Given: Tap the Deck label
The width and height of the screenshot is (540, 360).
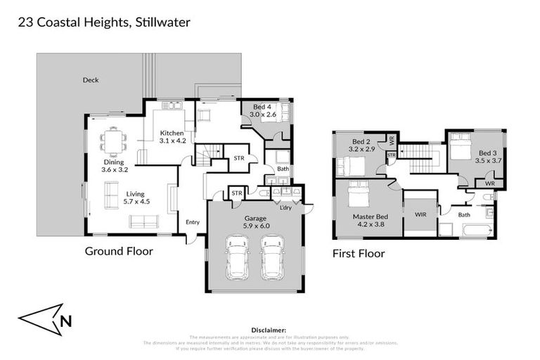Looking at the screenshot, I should [x=90, y=80].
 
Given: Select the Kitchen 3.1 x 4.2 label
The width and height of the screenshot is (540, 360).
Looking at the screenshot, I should [x=172, y=137].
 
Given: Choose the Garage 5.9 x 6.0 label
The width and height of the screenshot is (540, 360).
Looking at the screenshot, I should [x=256, y=223].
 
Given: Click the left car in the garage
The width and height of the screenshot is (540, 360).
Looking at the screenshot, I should [x=237, y=257].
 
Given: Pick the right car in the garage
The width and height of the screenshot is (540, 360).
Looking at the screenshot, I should [x=272, y=257].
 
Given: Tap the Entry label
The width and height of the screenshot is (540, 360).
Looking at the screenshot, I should [x=193, y=223].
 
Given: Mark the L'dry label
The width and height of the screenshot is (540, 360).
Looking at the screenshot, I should [x=285, y=207].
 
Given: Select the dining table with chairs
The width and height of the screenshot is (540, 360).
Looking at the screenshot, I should [x=112, y=141].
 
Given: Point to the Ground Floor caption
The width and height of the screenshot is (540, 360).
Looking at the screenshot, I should [x=119, y=250].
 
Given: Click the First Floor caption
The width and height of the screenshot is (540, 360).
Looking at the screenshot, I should [x=359, y=253].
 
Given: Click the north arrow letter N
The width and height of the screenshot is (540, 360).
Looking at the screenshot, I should [x=65, y=323].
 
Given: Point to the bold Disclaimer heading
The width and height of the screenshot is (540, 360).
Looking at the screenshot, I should [x=269, y=329].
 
